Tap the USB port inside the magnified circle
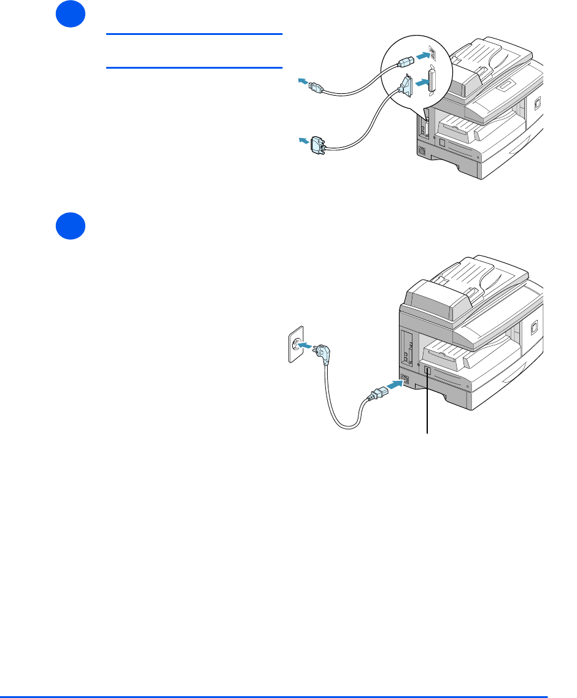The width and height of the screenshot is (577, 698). coord(432,54)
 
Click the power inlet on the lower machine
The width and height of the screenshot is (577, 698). coord(404,378)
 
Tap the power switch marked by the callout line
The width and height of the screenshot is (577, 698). coord(427,372)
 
